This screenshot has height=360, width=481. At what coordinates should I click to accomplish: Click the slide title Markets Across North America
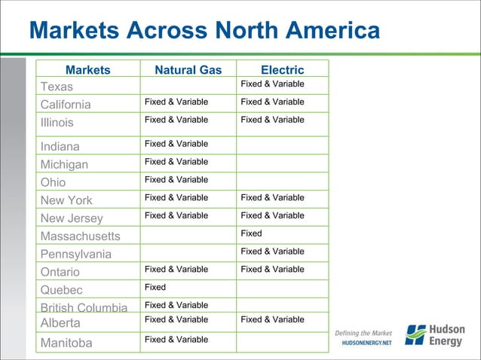tap(204, 31)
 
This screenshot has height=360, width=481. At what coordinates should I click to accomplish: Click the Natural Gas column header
tap(188, 70)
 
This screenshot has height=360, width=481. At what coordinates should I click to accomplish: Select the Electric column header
tap(282, 70)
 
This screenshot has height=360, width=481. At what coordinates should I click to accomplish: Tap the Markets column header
tap(87, 70)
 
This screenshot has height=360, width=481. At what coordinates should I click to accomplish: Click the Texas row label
tap(57, 87)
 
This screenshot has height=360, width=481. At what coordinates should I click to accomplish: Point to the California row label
tap(66, 105)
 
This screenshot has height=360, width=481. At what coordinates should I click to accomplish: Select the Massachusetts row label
tap(80, 236)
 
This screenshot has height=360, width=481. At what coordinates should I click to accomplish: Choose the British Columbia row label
tap(84, 307)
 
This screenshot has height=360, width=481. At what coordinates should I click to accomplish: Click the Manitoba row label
tap(66, 343)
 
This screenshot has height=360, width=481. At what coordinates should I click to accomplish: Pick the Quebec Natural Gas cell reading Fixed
tap(155, 287)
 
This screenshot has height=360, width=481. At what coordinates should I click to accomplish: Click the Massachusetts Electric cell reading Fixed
tap(251, 233)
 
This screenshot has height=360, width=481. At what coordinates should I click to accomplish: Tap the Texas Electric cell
tap(272, 84)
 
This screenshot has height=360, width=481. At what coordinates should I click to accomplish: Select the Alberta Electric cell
tap(272, 319)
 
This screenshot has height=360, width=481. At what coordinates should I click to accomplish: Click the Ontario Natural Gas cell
tap(176, 269)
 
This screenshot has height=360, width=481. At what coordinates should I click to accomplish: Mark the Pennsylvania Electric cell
tap(272, 251)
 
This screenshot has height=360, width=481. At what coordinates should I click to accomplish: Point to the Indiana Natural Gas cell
tap(176, 143)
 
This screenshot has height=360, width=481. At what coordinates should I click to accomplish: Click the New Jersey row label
tap(72, 218)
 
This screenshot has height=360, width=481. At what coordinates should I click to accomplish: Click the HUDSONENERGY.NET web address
tap(367, 343)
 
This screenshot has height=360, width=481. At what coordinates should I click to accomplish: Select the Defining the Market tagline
tap(364, 332)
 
